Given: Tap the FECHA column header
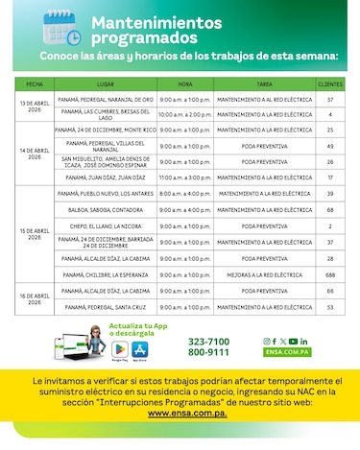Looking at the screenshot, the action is pos(35,83).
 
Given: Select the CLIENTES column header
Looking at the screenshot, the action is pos(329,83).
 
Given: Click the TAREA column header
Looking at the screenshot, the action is pos(264,83).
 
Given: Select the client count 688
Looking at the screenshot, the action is pos(329,274).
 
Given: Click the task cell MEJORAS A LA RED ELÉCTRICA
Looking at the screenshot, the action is pos(264,274).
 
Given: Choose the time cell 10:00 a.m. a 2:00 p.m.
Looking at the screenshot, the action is pos(184,114).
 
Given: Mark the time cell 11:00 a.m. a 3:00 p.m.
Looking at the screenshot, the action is pos(184,177).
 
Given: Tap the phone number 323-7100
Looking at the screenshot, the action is pos(208,342).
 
